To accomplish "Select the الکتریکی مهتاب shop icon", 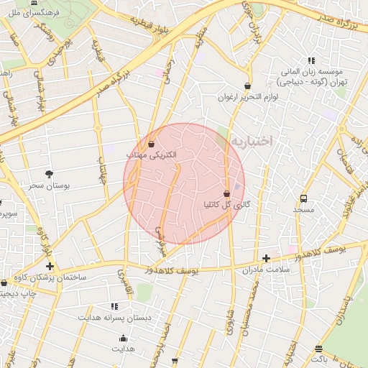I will pos(151,144).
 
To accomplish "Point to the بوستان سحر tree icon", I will pos(49,175).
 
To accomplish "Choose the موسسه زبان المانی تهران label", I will pos(313,77).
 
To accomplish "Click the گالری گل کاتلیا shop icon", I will pos(227,194).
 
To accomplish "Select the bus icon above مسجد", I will pos(303,198).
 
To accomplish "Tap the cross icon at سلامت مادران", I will pos(266,257).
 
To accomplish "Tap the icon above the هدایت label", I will pos(123,338).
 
